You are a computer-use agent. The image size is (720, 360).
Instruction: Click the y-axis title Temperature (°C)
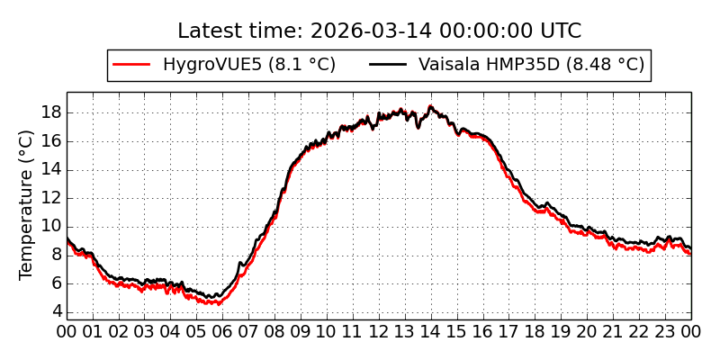coord(27,204)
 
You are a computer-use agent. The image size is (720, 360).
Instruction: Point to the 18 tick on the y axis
coord(50,112)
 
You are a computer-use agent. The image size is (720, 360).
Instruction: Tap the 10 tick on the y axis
coord(50,226)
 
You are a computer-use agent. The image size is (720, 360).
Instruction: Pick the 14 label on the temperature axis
coord(50,169)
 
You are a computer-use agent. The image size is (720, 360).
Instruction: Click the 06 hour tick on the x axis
coord(223,331)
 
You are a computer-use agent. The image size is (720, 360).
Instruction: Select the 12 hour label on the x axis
coord(379,331)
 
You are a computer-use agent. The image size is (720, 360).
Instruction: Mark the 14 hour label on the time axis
coord(431,331)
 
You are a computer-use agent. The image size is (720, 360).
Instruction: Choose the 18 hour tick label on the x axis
coord(535,331)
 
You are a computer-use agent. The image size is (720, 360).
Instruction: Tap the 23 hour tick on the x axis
coord(665,331)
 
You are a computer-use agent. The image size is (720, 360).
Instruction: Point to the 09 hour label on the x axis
coord(301,331)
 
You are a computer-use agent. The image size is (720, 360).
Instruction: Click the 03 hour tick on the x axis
coord(145,331)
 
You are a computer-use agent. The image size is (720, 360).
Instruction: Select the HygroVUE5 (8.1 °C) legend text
coord(249,65)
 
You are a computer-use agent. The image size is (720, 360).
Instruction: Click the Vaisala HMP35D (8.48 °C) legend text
coord(531,65)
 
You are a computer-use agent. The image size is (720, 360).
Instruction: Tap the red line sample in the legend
coord(131,65)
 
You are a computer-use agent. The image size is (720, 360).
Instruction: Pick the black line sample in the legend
coord(389,65)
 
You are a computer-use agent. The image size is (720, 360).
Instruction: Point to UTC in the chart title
coord(560,31)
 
